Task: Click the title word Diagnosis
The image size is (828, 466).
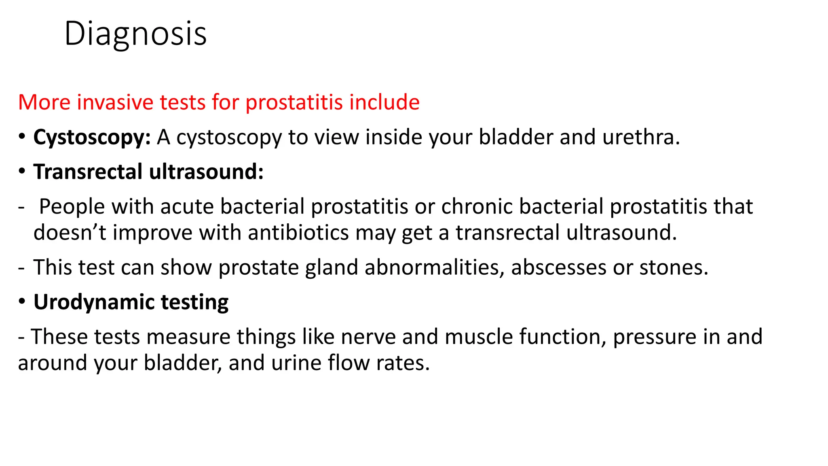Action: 135,34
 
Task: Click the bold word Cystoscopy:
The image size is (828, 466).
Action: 92,138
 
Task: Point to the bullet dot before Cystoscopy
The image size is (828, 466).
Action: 22,136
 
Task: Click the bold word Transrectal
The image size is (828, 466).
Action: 88,172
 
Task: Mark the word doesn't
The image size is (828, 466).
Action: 70,233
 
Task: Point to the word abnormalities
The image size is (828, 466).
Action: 434,267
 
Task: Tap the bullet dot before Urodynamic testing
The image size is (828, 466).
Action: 22,301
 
